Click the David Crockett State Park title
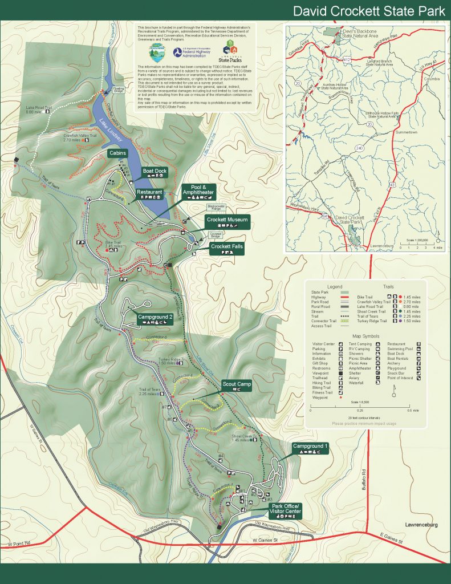[368, 11]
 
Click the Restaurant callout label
[149, 193]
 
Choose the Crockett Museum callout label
[226, 219]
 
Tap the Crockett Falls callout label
[227, 246]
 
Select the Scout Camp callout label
[237, 384]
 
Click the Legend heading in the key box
[334, 286]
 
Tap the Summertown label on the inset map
[405, 132]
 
